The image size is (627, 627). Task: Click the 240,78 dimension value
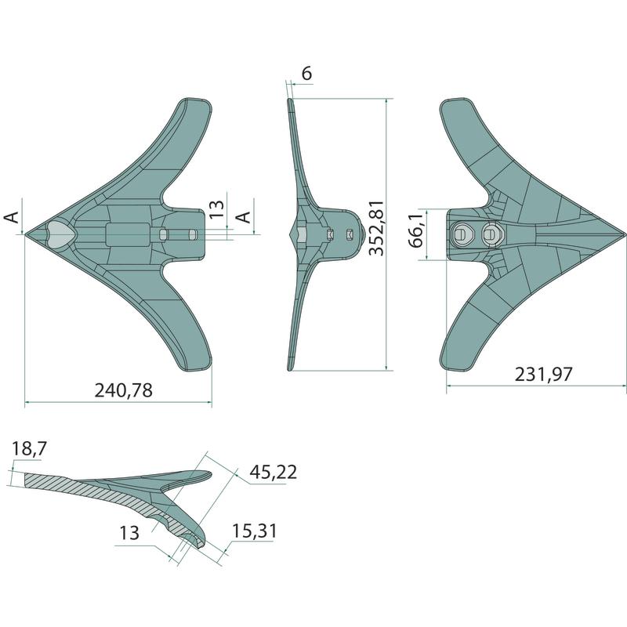tap(124, 390)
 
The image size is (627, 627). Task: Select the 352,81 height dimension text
tap(377, 228)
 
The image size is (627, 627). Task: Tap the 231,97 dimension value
tap(543, 375)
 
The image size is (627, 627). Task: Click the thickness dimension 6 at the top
tap(306, 74)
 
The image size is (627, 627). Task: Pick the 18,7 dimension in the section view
tap(29, 448)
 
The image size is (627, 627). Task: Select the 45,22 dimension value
tap(273, 473)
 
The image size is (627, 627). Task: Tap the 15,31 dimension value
tap(254, 531)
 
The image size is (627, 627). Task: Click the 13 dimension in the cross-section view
tap(129, 533)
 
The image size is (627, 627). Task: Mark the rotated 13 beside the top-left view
tap(217, 208)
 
